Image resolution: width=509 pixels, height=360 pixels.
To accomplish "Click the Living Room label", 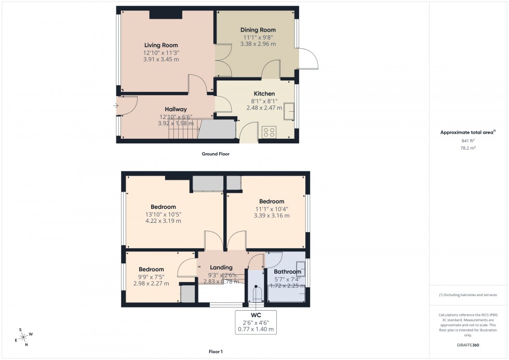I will (x=161, y=46).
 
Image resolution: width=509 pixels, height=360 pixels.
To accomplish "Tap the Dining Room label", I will (x=258, y=30).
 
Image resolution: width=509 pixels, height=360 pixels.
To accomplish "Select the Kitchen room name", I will (x=264, y=94).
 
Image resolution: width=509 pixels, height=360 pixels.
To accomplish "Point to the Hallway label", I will (x=176, y=109).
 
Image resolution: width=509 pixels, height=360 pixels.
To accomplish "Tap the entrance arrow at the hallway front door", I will (x=115, y=106).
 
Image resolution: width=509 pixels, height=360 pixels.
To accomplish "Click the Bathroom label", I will (x=287, y=272).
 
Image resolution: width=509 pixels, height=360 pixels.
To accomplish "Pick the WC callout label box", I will (x=256, y=322).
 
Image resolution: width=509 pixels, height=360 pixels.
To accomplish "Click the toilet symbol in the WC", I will (x=256, y=295).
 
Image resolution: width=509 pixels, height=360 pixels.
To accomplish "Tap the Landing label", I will (x=221, y=268).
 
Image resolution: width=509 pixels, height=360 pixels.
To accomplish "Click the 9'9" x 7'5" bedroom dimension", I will (x=151, y=276).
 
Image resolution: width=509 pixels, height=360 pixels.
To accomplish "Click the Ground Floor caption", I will (x=215, y=154).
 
